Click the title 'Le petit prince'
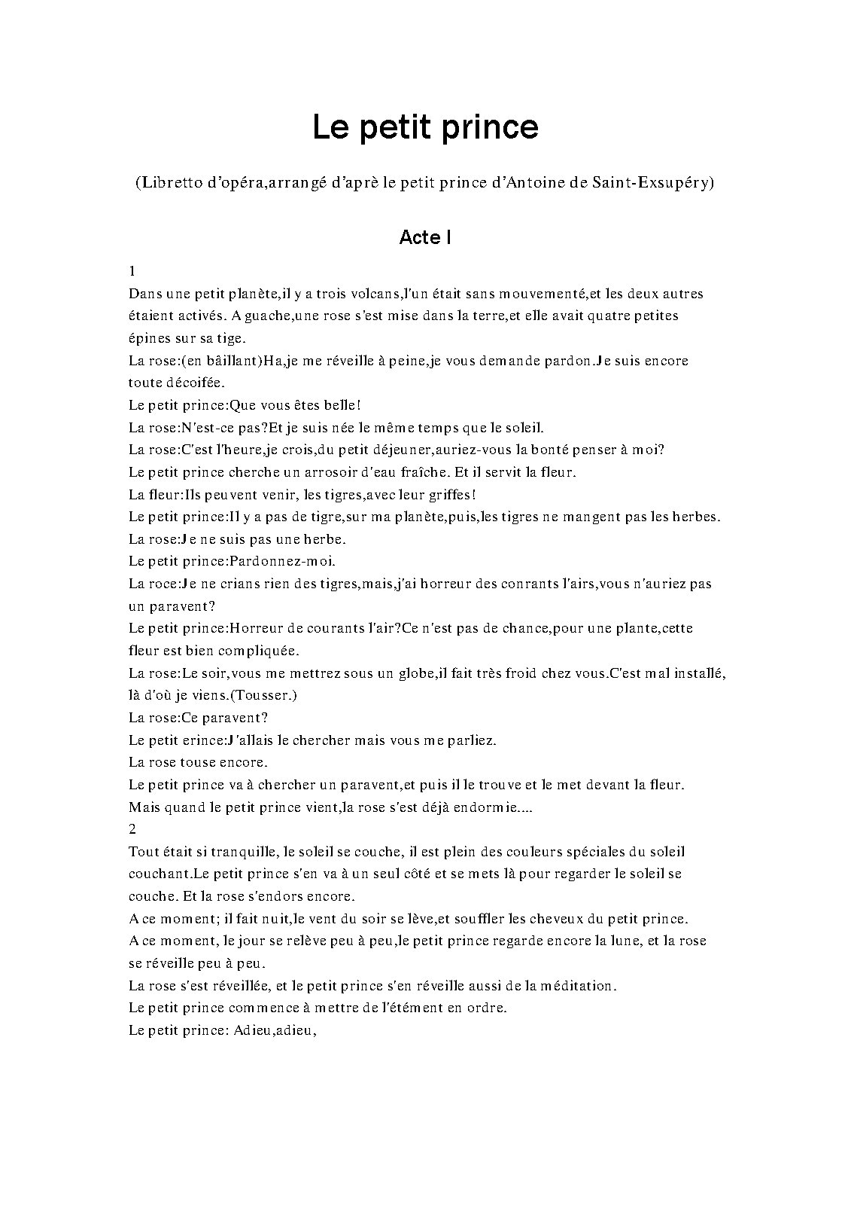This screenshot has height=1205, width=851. tap(425, 127)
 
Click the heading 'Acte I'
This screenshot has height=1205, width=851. tap(425, 237)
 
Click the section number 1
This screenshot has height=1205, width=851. tap(132, 271)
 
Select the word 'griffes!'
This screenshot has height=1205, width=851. tap(451, 495)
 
